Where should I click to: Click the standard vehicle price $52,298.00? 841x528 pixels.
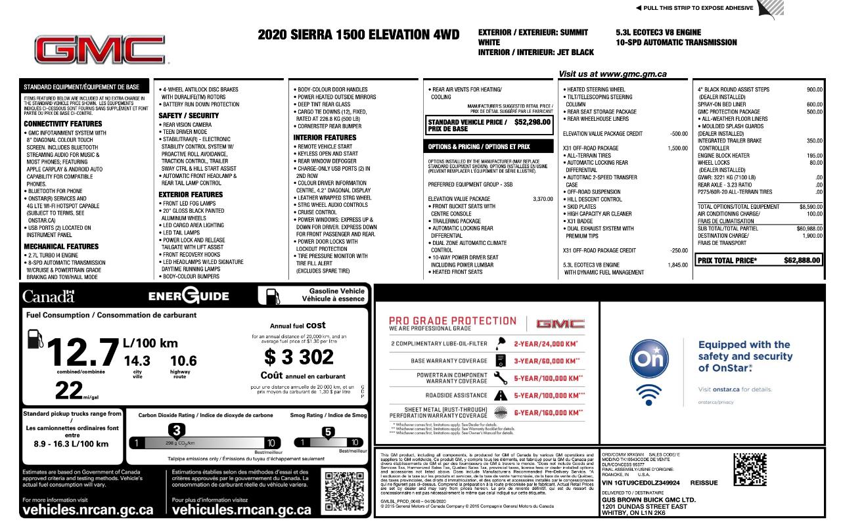pos(532,122)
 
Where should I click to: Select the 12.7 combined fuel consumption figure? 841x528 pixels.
pos(82,353)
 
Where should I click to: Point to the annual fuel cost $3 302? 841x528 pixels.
pos(300,357)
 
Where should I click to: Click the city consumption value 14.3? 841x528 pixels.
pos(137,361)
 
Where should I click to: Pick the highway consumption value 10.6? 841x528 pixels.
pos(183,361)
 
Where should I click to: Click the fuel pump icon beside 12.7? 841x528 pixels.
pos(35,340)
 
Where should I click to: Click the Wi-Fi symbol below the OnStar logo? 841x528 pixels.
pos(648,393)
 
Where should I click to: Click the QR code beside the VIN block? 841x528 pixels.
pos(750,470)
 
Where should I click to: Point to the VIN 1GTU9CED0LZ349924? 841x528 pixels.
pos(641,483)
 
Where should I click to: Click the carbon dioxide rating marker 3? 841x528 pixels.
pos(176,431)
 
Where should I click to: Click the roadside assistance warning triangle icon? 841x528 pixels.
pos(500,395)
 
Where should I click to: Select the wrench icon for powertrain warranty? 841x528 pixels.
pos(500,378)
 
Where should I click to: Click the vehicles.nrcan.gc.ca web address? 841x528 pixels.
pos(88,510)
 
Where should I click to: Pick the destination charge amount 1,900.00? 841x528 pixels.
pos(812,236)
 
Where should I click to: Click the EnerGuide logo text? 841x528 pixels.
pos(189,296)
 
